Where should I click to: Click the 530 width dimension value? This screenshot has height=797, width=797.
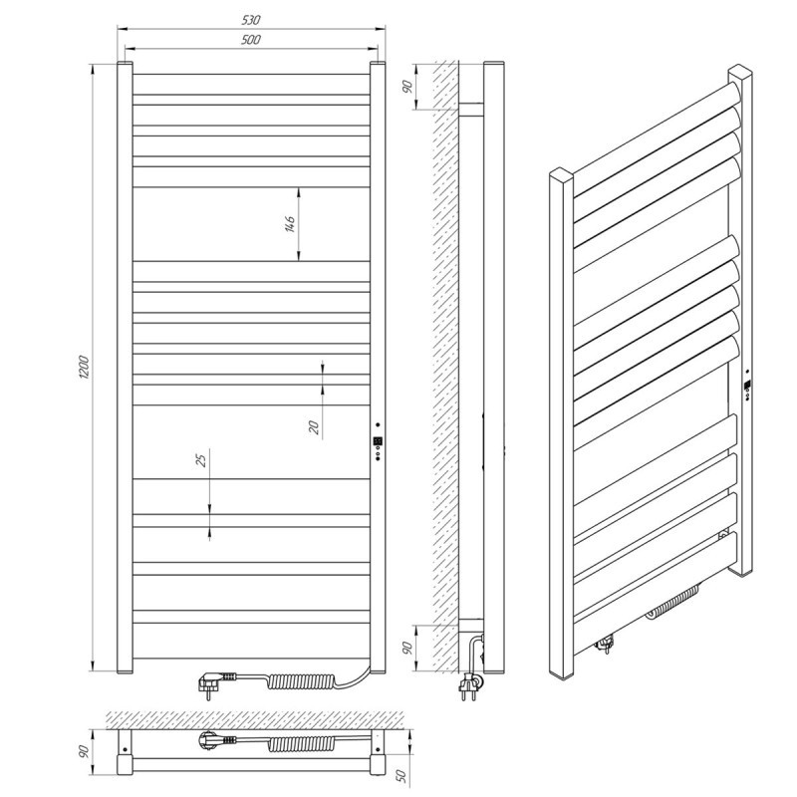pyautogui.click(x=251, y=20)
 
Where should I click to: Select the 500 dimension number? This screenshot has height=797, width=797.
pyautogui.click(x=251, y=40)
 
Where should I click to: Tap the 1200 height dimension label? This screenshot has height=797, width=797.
pyautogui.click(x=84, y=367)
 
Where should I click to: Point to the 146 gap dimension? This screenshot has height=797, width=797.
pyautogui.click(x=290, y=224)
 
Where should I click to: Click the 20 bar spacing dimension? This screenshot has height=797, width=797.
pyautogui.click(x=315, y=427)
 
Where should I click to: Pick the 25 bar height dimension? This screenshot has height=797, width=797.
pyautogui.click(x=202, y=460)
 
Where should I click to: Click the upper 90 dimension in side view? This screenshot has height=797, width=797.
pyautogui.click(x=407, y=87)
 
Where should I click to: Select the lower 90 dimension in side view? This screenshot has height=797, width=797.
pyautogui.click(x=407, y=648)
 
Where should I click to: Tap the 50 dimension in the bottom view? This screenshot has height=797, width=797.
pyautogui.click(x=401, y=775)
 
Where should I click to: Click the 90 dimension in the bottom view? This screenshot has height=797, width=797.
pyautogui.click(x=85, y=751)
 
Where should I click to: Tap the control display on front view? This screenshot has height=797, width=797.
pyautogui.click(x=378, y=441)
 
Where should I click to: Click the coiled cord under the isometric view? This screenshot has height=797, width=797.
pyautogui.click(x=670, y=603)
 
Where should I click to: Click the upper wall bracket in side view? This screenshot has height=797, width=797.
pyautogui.click(x=471, y=110)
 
